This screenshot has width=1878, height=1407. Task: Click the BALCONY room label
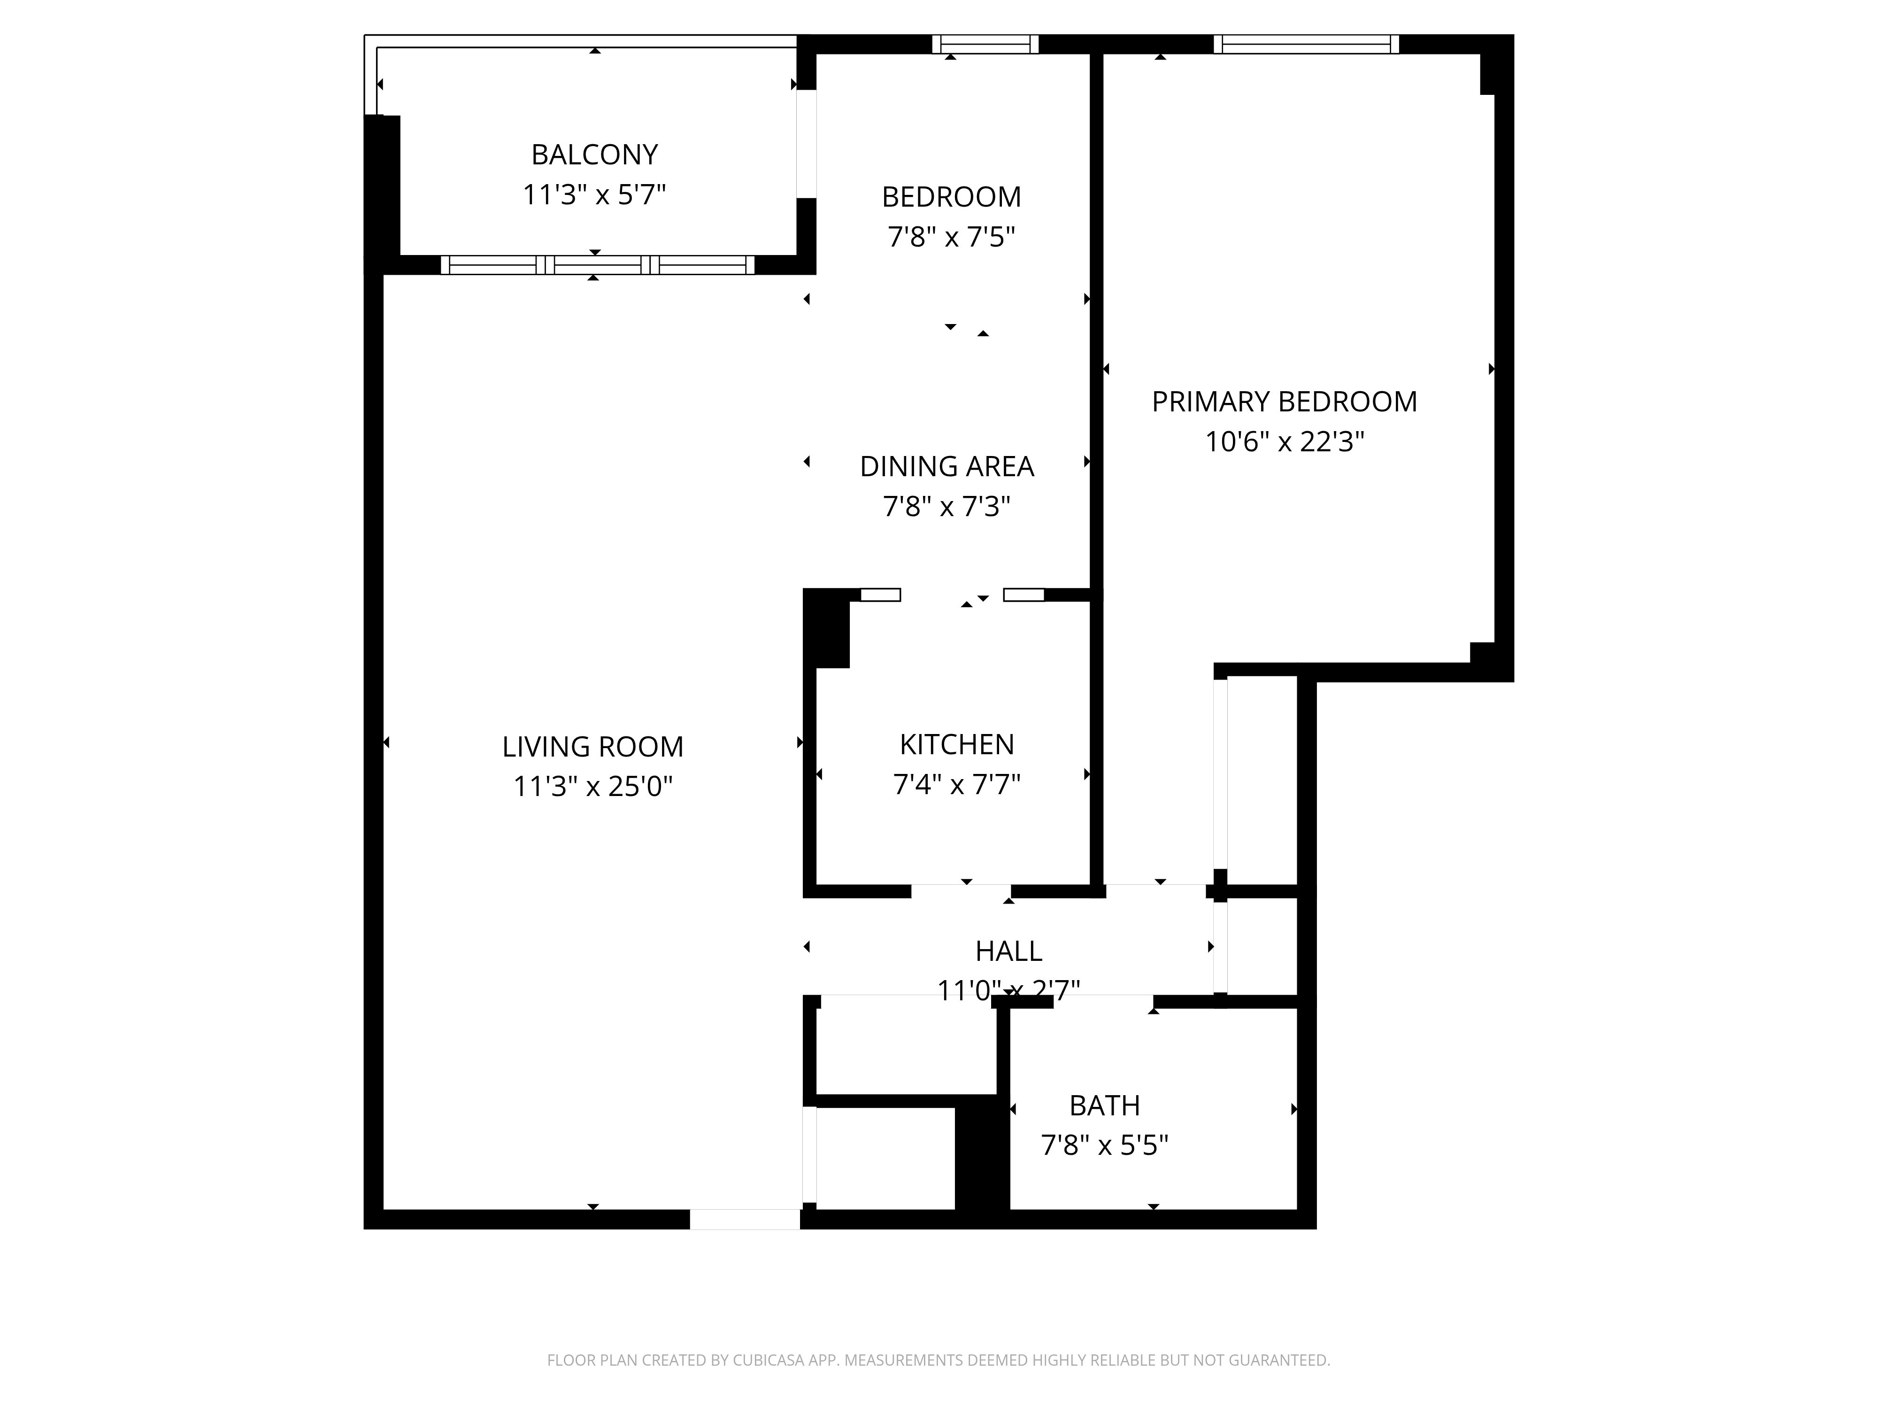594,155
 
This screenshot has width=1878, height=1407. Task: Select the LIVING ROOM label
593,746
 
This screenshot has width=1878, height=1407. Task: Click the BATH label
1105,1105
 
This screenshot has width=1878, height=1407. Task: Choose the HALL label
1008,951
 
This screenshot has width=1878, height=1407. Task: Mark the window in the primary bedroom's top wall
1307,44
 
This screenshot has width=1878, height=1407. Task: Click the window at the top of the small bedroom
985,44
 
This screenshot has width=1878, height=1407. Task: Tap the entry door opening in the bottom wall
745,1219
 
